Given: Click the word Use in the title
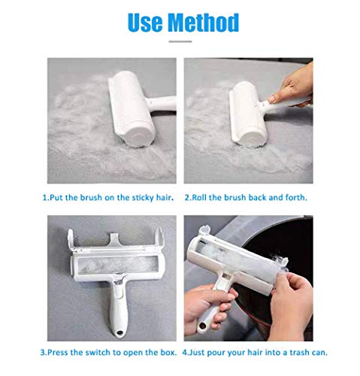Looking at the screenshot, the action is (x=145, y=23).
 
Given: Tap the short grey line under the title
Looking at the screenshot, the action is (x=180, y=41).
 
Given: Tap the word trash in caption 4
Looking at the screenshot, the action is (x=299, y=353).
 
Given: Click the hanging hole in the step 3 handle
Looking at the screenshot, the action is (x=119, y=333).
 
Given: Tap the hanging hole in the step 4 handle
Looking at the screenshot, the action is (x=202, y=326).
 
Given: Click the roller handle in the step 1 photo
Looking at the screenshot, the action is (x=161, y=103).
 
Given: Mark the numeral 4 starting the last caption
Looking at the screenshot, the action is (x=185, y=353).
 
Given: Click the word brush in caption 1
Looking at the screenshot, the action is (x=91, y=198).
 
